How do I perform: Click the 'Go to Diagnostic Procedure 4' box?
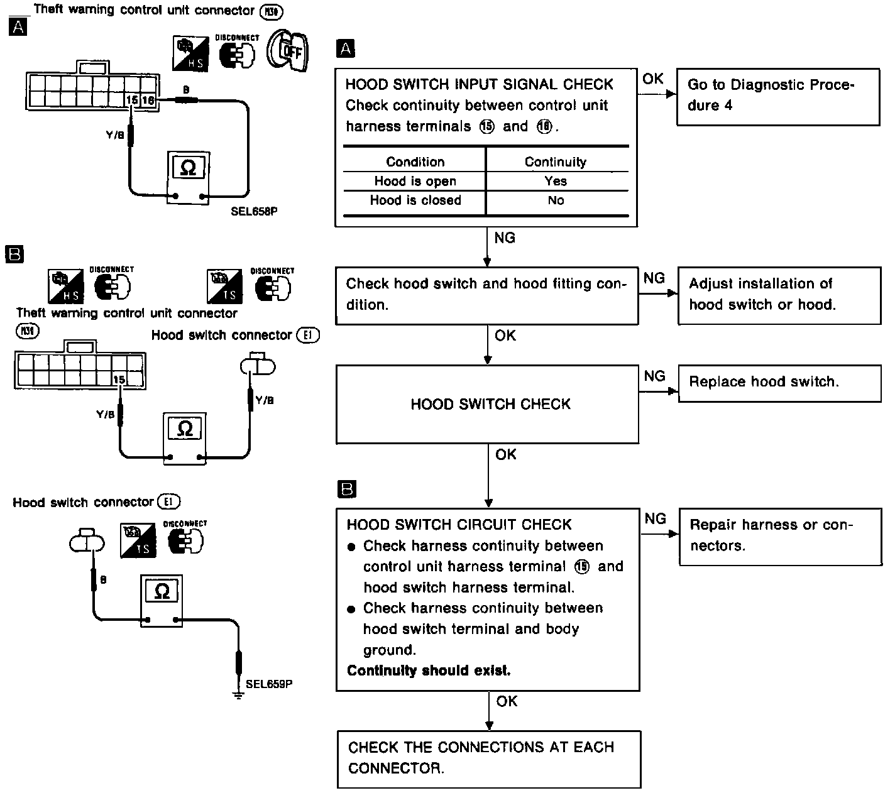[777, 96]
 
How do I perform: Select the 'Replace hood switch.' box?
[779, 383]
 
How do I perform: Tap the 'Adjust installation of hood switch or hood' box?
[779, 295]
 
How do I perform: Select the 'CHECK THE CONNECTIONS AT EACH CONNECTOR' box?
[488, 758]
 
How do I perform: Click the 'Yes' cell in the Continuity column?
[556, 181]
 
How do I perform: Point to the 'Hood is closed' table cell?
[415, 200]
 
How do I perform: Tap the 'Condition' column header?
[415, 162]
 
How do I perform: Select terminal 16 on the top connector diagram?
[148, 100]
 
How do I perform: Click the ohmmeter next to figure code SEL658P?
[187, 178]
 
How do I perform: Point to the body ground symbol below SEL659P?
[238, 694]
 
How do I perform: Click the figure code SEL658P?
[254, 212]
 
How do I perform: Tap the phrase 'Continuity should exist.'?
[429, 670]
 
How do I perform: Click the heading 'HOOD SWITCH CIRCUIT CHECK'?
[459, 525]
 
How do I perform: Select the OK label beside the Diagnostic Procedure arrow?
[653, 79]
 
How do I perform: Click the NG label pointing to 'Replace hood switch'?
[655, 376]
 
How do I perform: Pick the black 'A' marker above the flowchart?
[346, 48]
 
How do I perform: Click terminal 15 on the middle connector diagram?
[119, 379]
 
